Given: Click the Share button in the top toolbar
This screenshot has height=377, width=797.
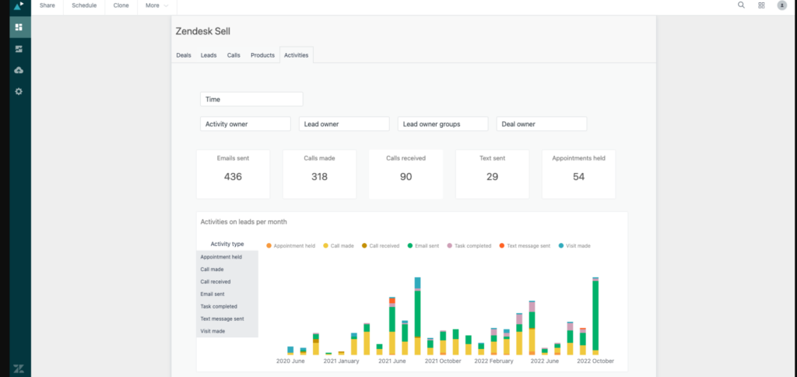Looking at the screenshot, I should click(47, 5).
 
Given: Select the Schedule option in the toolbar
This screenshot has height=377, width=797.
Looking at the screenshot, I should click(84, 5).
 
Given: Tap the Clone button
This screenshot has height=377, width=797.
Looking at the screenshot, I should click(121, 5).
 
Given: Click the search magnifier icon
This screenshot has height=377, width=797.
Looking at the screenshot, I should click(741, 5).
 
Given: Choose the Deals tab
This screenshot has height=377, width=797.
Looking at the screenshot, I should click(184, 55).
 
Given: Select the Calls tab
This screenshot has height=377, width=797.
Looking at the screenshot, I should click(233, 55).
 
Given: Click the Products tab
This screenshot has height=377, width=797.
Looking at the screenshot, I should click(262, 55).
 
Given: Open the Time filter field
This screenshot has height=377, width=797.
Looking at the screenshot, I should click(251, 100).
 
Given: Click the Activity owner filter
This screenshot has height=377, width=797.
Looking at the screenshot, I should click(245, 124).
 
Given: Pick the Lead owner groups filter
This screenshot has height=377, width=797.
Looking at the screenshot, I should click(442, 124).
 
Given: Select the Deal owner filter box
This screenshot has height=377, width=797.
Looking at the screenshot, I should click(541, 124).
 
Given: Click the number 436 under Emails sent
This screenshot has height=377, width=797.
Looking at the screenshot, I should click(233, 177).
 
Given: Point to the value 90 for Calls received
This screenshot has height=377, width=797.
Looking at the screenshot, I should click(406, 177).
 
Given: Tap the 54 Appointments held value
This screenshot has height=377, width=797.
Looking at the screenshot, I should click(578, 177).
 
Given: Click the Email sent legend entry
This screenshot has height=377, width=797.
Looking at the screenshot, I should click(424, 246).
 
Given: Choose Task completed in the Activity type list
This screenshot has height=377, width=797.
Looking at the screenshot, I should click(219, 307).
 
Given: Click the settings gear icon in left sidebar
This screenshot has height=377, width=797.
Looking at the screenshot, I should click(19, 91).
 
